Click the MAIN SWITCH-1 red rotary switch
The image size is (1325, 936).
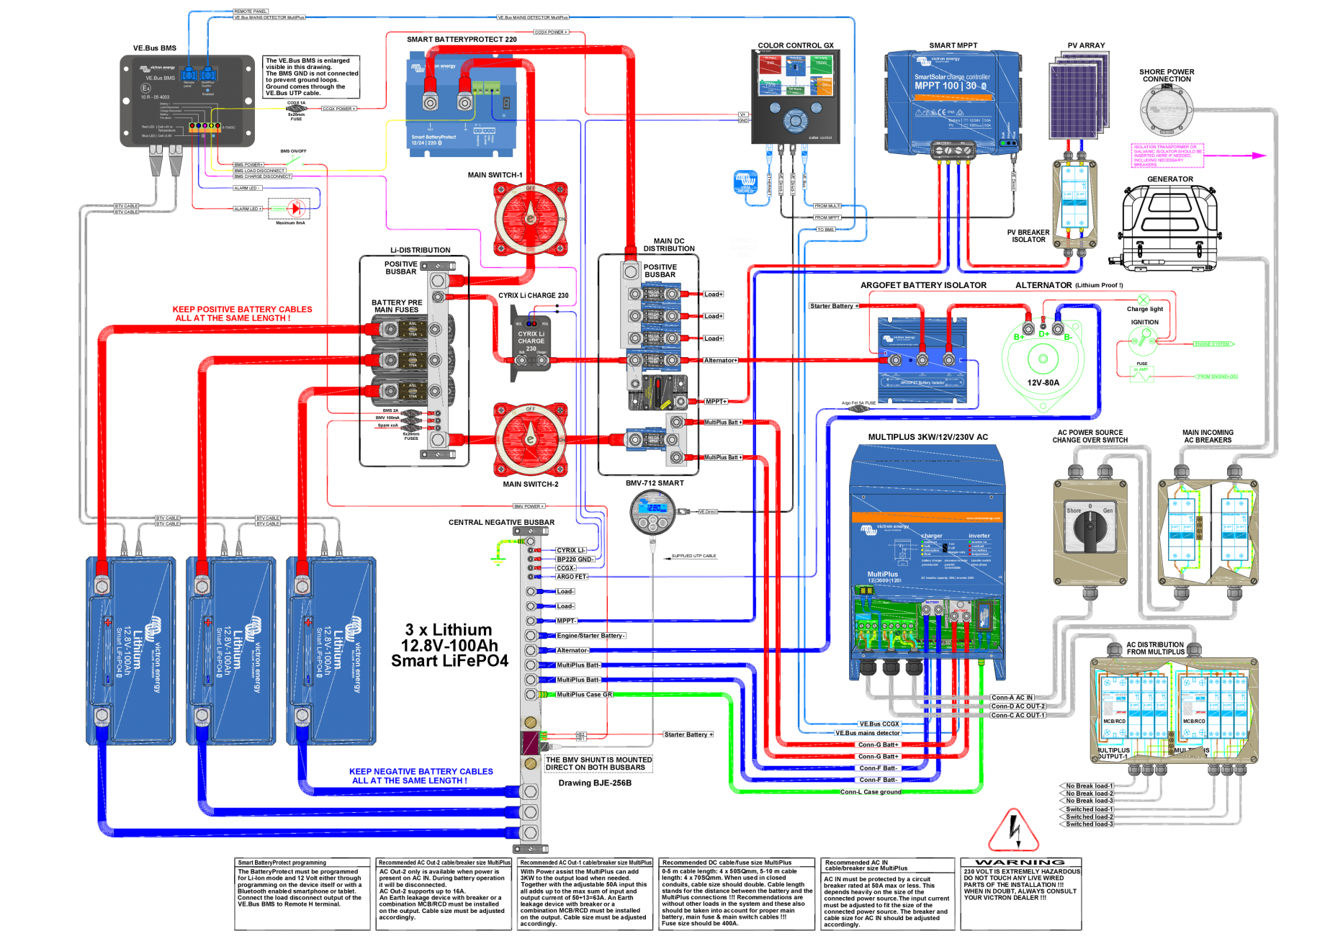(x=531, y=218)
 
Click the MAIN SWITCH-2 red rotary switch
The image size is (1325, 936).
(x=531, y=439)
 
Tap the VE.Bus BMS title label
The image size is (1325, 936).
(x=154, y=48)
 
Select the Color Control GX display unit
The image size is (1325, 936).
(x=796, y=97)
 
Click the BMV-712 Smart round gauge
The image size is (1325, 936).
(x=653, y=512)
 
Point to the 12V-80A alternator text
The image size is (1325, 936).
(x=1043, y=383)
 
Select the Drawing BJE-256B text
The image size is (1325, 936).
(x=595, y=783)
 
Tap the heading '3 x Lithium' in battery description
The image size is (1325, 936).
(x=448, y=630)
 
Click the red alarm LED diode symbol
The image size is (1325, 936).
(x=295, y=209)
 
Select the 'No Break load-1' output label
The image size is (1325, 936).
(x=1089, y=786)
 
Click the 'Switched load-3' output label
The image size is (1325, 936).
(x=1089, y=824)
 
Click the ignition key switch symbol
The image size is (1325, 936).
(x=1143, y=338)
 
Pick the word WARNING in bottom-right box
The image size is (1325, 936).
(x=1020, y=863)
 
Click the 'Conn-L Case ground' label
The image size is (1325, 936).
(x=870, y=792)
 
